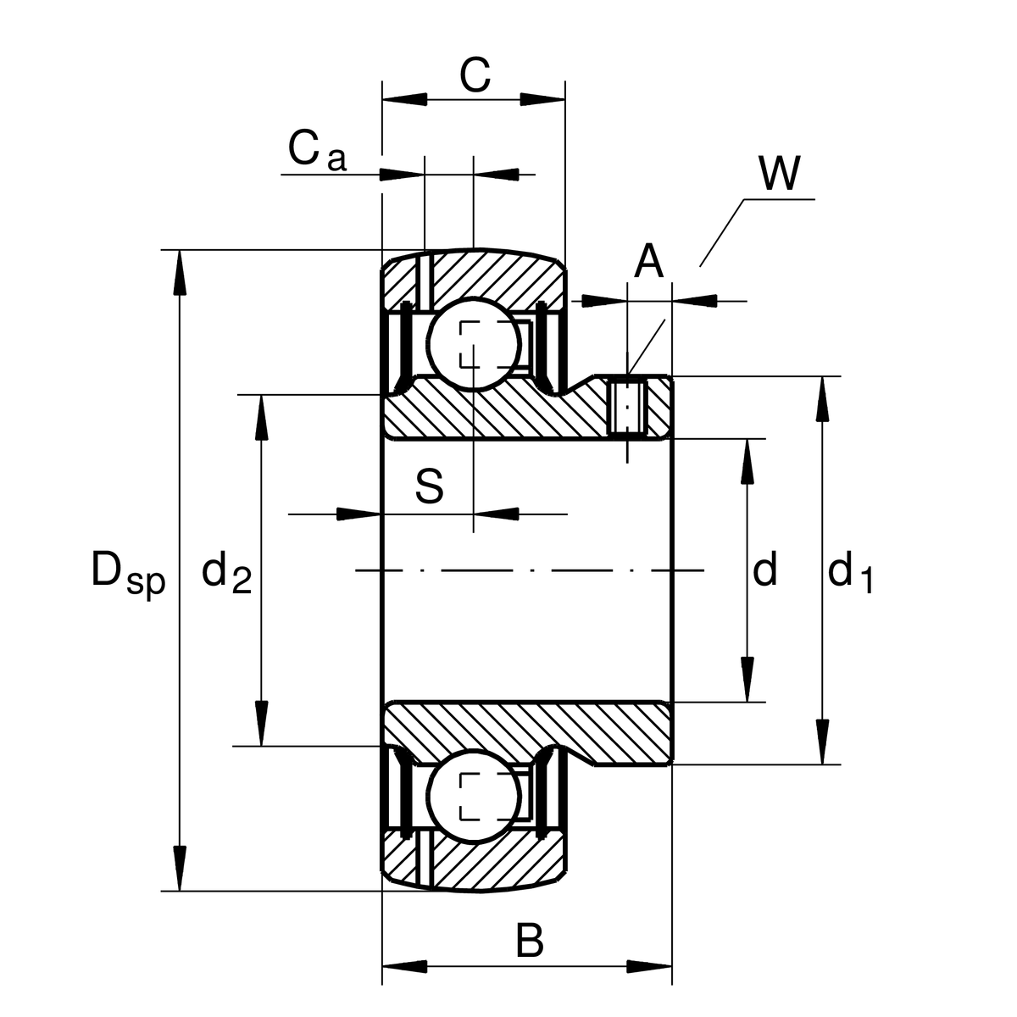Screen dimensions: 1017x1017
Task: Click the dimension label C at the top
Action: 475,75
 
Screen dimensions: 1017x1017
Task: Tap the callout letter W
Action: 778,174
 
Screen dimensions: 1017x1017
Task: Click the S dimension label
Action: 430,487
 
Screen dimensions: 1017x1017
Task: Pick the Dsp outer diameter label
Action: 127,572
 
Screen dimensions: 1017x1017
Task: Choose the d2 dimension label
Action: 226,572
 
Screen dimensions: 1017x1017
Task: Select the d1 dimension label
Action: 849,572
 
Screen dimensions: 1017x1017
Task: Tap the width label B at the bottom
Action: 530,941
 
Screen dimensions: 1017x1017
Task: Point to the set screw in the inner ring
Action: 628,408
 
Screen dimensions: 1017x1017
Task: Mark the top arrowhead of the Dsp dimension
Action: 179,271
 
